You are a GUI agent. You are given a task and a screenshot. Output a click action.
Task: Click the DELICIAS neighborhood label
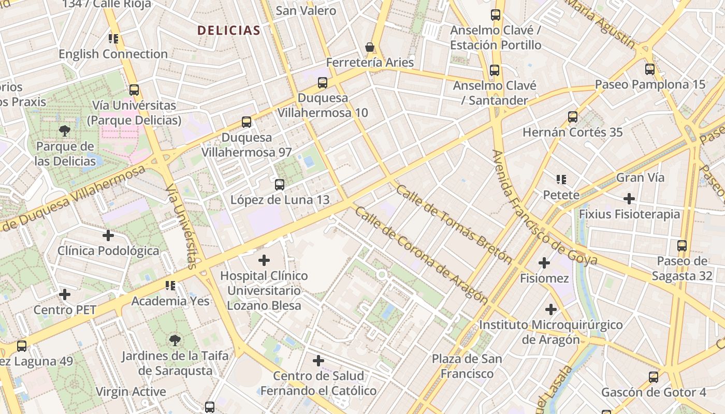click(228, 30)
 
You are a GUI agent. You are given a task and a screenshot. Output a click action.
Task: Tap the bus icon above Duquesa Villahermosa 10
click(323, 82)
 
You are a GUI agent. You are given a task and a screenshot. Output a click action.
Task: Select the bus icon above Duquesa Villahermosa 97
click(247, 122)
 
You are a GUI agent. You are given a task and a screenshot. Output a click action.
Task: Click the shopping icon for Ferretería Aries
click(370, 47)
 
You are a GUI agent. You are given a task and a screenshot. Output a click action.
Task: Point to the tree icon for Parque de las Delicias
click(65, 131)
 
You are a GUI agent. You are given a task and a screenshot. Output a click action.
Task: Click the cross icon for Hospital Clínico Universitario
click(264, 260)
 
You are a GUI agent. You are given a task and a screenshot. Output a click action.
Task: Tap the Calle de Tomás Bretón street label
click(454, 224)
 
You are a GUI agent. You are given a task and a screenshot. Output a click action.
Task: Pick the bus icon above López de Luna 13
click(280, 184)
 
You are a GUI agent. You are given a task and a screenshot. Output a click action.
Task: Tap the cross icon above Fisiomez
click(544, 263)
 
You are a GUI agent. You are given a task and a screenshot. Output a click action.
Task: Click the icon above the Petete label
click(561, 180)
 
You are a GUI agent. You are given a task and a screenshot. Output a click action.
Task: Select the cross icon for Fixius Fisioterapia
click(629, 198)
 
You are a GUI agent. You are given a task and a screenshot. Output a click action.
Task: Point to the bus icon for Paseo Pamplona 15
click(650, 69)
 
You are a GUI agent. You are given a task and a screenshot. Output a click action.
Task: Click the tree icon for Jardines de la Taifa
click(175, 341)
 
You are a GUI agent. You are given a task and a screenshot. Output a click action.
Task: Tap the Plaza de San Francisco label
click(467, 366)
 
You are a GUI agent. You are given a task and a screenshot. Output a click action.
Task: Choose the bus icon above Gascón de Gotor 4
click(654, 377)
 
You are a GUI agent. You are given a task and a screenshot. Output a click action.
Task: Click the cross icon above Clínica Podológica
click(108, 235)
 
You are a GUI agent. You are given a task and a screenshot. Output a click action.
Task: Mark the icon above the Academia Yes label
click(170, 285)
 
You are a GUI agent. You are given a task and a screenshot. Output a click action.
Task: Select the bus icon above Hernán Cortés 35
click(573, 116)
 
